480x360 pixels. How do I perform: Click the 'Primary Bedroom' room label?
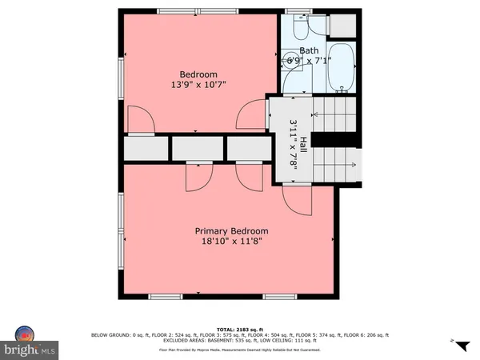click(x=231, y=231)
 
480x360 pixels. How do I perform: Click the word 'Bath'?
click(x=308, y=50)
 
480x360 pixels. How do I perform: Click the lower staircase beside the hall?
click(x=334, y=165)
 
